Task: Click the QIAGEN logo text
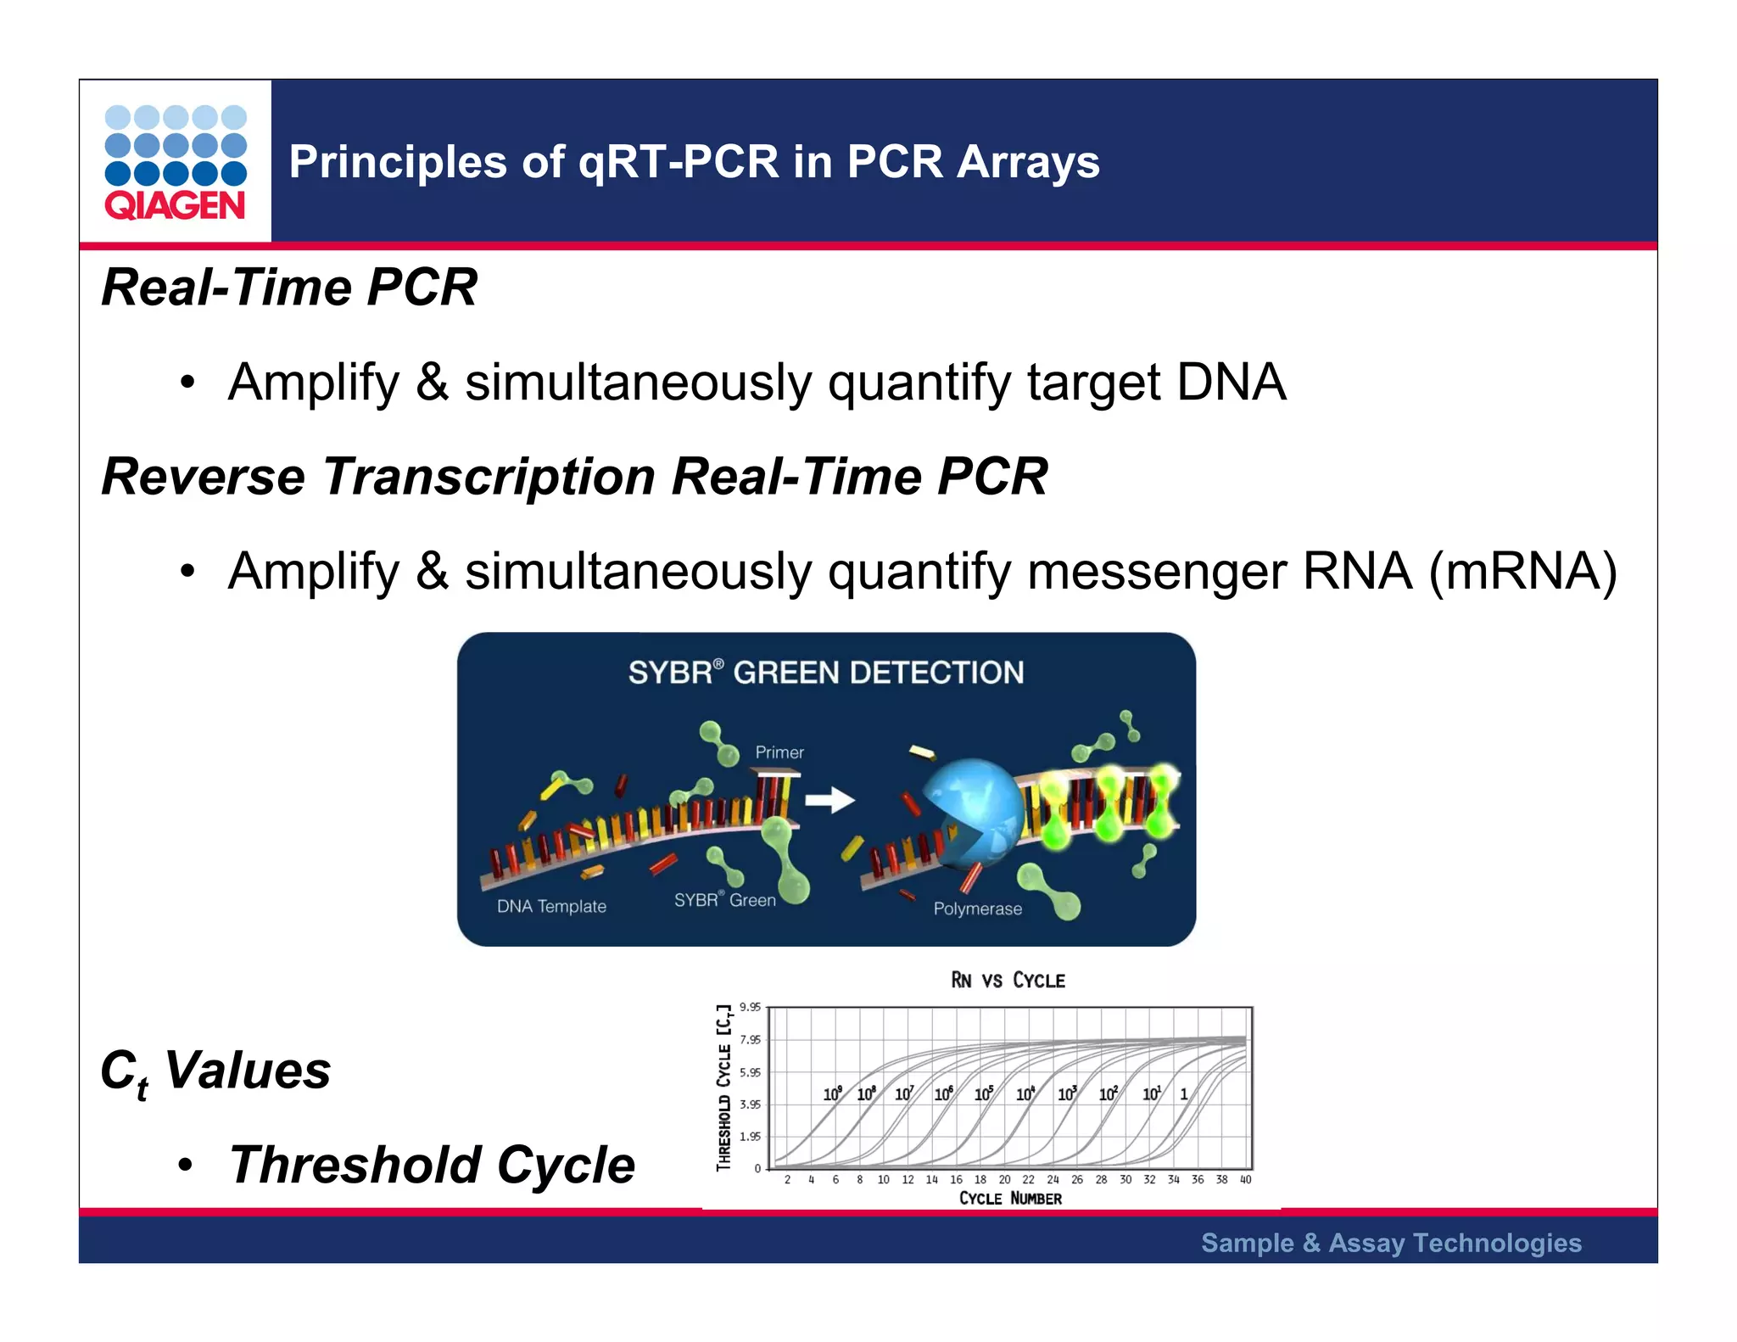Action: point(175,206)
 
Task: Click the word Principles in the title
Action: point(396,161)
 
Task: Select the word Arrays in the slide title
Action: point(1027,161)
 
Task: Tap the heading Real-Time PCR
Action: point(288,288)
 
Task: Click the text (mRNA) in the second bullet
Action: point(1522,571)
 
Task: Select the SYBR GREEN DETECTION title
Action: point(825,673)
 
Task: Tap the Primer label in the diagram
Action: point(779,752)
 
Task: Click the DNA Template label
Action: point(551,906)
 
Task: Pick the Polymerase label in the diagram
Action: point(977,909)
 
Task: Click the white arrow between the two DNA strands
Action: point(829,799)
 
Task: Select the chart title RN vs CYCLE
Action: point(1008,981)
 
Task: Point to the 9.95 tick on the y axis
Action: point(750,1008)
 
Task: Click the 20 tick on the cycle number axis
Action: point(1004,1180)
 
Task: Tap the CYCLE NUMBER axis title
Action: point(1009,1199)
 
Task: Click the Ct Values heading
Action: point(215,1071)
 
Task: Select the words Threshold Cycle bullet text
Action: point(432,1165)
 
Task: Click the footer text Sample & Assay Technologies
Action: point(1391,1243)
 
